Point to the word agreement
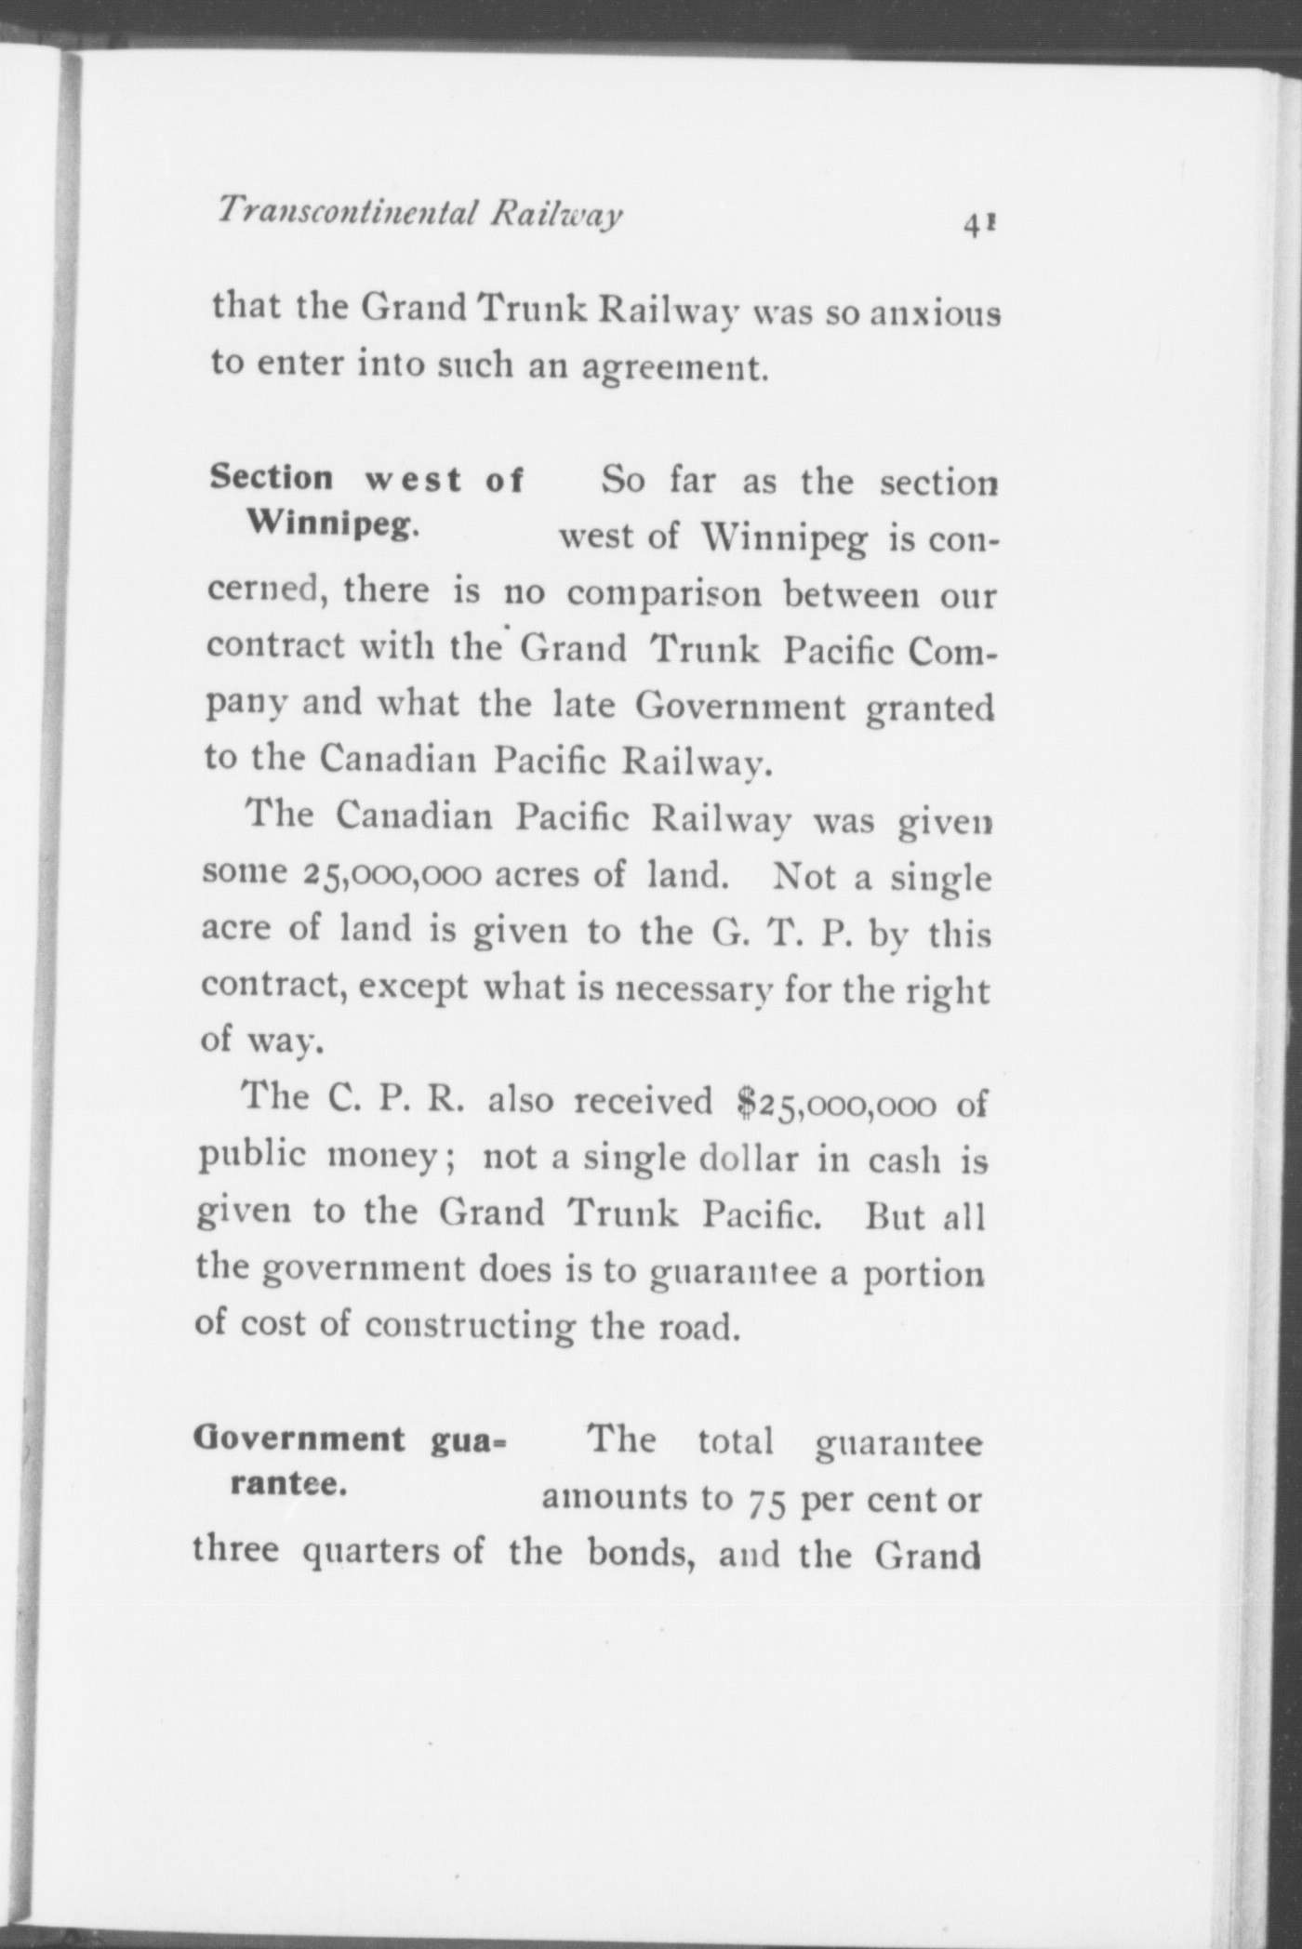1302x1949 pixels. pyautogui.click(x=676, y=368)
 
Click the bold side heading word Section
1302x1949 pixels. pyautogui.click(x=272, y=478)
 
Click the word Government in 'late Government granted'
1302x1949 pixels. pyautogui.click(x=740, y=707)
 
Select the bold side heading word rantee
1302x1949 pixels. pyautogui.click(x=288, y=1485)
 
